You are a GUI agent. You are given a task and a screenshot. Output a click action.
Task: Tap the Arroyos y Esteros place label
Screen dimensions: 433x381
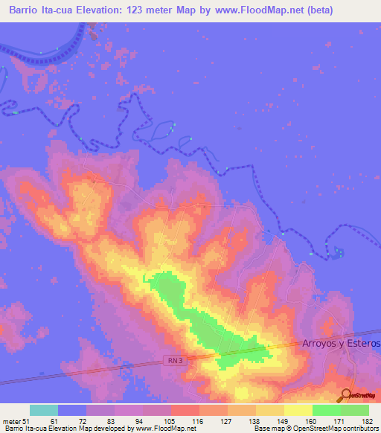click(x=342, y=343)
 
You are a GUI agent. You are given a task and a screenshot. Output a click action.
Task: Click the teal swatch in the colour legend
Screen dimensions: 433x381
click(x=44, y=410)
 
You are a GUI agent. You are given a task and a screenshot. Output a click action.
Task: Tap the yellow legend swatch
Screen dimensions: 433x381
click(x=298, y=410)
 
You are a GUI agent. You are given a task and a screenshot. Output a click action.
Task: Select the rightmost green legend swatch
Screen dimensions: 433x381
click(x=354, y=410)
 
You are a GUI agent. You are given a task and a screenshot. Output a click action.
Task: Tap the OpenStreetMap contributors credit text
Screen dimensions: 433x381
click(x=330, y=429)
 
